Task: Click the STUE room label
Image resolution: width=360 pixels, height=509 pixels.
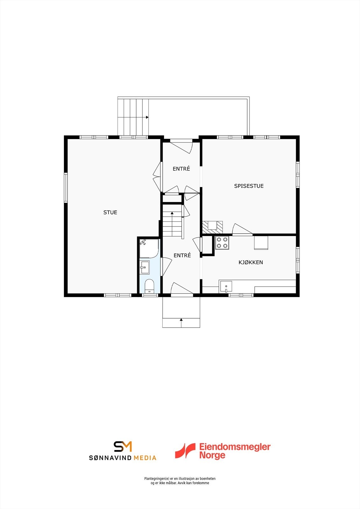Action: point(110,213)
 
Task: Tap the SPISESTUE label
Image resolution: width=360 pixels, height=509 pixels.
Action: point(249,186)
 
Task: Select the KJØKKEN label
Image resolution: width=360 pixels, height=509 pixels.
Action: point(251,262)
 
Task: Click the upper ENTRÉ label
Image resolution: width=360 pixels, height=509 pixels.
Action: point(181,169)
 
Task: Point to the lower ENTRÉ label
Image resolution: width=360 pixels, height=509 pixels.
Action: point(182,255)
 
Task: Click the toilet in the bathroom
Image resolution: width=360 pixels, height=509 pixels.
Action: point(149,286)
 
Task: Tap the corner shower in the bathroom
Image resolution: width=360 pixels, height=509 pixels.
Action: point(148,248)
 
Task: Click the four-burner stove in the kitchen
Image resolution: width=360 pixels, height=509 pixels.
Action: point(222,243)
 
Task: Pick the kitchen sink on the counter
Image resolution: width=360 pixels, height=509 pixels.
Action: point(226,286)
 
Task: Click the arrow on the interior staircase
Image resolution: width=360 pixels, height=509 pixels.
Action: point(172,213)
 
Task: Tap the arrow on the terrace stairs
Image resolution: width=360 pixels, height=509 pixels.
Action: point(147,117)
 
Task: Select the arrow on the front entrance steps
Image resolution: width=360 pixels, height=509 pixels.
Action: point(181,319)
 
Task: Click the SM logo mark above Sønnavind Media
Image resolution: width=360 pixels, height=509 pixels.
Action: point(123,446)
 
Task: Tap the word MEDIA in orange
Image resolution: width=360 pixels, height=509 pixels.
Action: point(145,458)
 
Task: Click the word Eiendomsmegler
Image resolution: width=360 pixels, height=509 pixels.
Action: point(235,447)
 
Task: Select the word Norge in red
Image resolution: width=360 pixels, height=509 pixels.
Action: point(212,455)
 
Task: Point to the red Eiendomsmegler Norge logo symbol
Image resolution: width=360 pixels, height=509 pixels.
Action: point(185,451)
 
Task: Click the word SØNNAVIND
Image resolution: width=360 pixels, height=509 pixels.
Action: point(110,458)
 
